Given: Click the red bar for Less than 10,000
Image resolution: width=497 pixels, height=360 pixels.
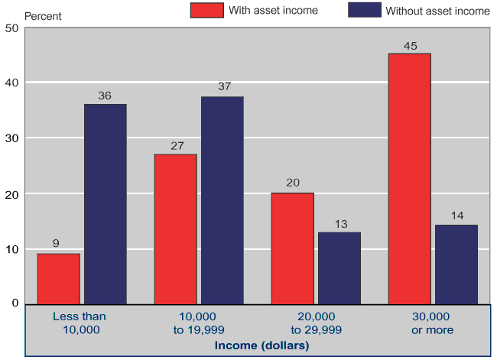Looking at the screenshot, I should [58, 278].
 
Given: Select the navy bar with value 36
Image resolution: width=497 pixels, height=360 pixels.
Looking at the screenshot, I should [106, 203].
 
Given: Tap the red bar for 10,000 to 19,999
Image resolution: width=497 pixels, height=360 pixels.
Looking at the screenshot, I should [175, 229].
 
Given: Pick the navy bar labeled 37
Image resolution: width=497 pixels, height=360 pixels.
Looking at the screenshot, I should [222, 200].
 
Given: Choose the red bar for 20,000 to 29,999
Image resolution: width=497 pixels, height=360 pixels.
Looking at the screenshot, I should [292, 248].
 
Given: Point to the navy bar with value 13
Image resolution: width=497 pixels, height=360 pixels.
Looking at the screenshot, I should [339, 268].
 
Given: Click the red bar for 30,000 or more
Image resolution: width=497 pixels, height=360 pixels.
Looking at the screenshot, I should [409, 178].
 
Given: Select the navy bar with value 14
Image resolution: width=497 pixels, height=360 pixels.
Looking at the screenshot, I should [456, 264].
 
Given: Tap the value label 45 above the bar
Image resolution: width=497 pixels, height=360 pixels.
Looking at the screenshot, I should [410, 46].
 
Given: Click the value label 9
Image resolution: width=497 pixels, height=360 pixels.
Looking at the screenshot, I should [56, 244].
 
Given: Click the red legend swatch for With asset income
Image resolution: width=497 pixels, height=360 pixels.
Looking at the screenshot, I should [206, 10].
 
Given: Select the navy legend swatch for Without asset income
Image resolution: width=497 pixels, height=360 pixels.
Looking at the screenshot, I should [364, 10].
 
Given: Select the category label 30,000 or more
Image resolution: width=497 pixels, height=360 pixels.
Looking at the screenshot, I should [432, 323].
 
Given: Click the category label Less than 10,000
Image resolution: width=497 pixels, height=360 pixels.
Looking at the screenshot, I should [80, 323].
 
